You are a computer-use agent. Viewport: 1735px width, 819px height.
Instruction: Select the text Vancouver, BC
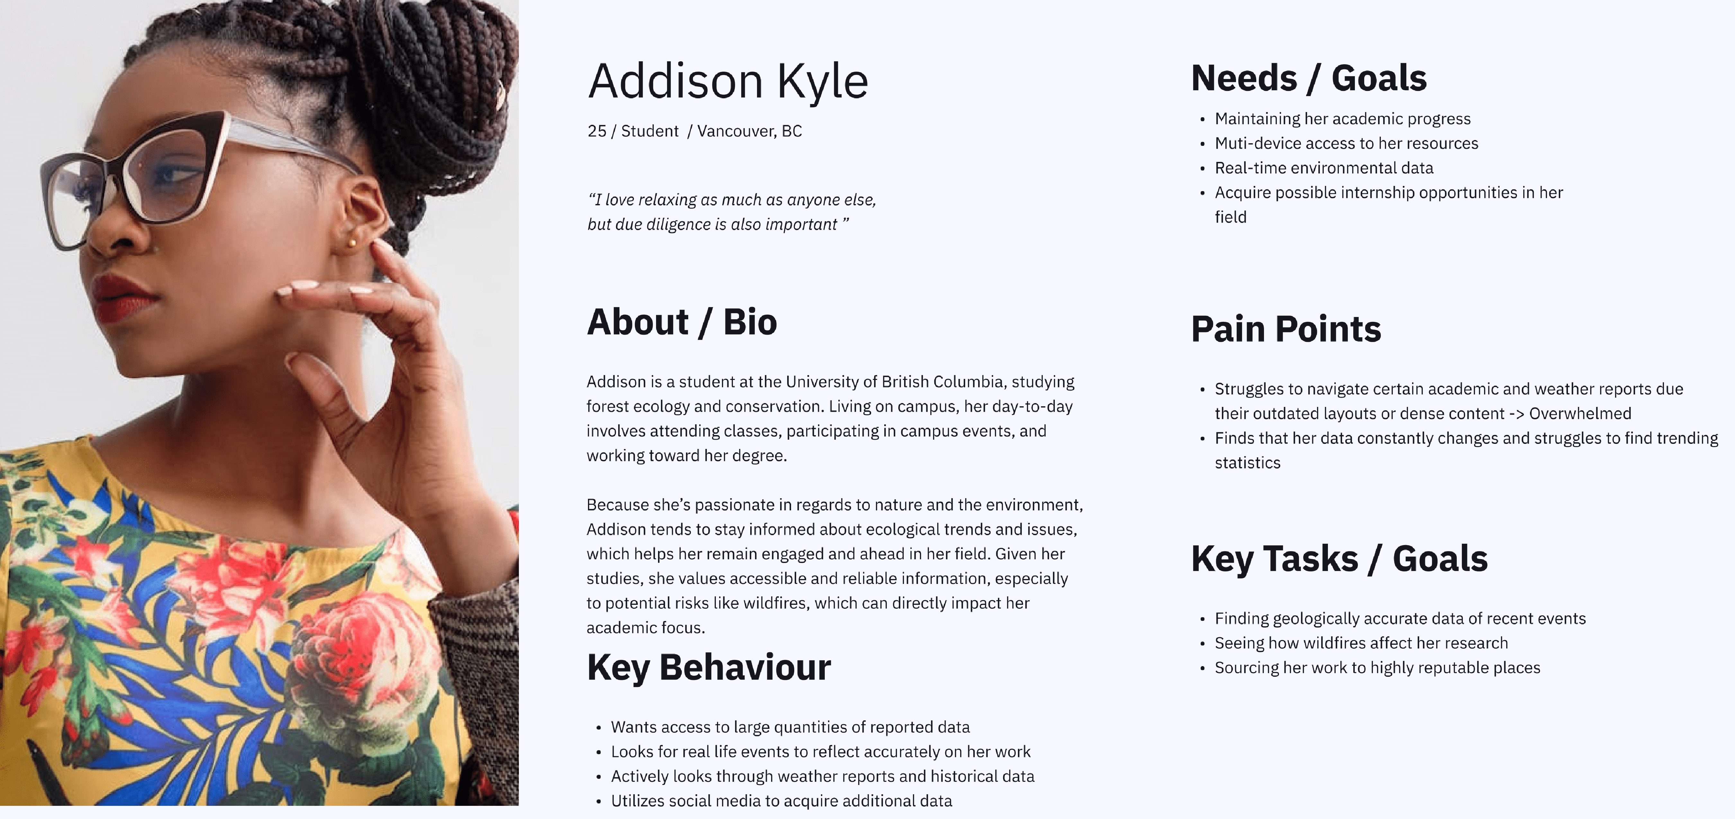749,131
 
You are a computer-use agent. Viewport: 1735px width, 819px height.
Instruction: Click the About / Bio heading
681,322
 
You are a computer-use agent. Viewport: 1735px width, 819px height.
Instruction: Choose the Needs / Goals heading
1309,78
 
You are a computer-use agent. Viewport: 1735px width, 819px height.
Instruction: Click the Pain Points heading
1286,329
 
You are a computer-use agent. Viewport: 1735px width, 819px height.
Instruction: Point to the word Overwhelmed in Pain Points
1580,414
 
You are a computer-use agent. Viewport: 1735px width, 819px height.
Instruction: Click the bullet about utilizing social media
781,801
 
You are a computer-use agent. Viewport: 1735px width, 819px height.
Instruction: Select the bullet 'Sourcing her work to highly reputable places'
1377,667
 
